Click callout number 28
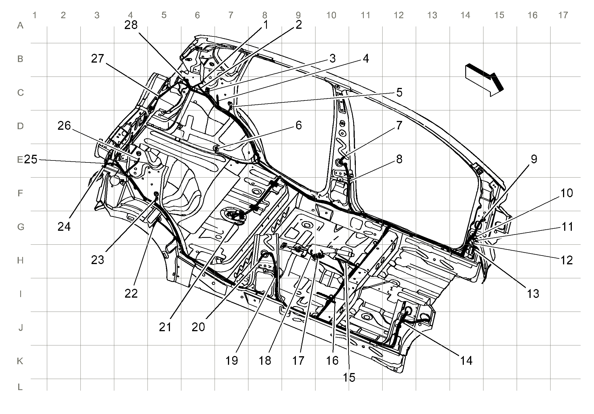point(131,25)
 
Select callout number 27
point(98,59)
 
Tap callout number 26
point(64,125)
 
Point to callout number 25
point(31,159)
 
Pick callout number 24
point(64,226)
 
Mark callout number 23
point(98,260)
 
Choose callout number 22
point(131,293)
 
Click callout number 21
point(165,327)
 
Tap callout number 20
point(198,327)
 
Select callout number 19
point(232,361)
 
